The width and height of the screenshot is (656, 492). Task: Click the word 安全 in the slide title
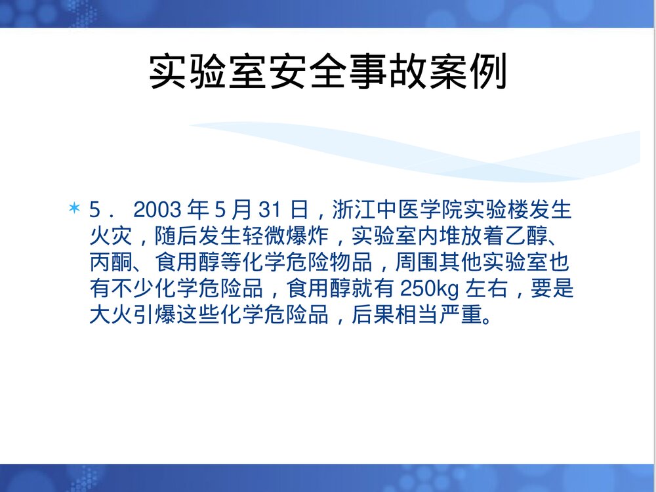pos(308,72)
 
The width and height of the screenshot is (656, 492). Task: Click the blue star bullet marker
pos(74,209)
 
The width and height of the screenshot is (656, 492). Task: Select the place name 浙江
pos(351,211)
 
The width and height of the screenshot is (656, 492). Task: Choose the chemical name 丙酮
pos(110,262)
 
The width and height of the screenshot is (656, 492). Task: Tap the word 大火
pos(110,315)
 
